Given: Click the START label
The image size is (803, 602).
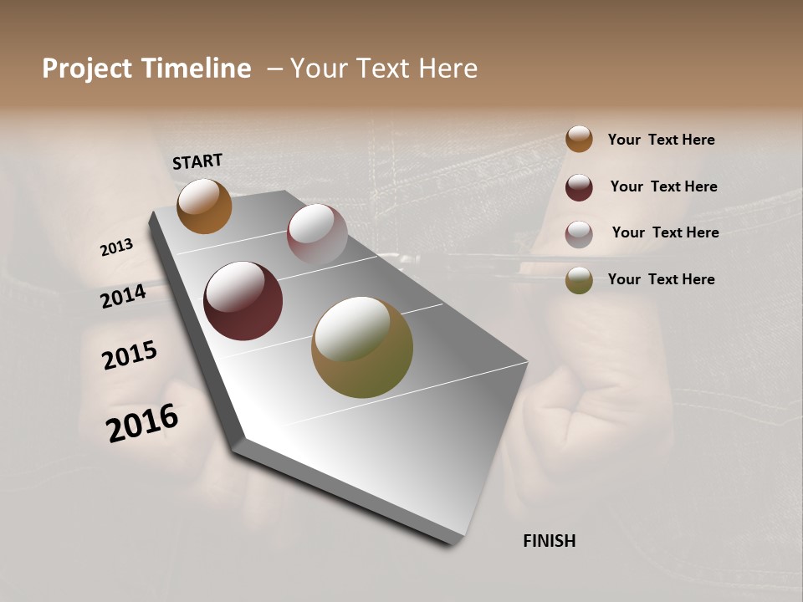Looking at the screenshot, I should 197,161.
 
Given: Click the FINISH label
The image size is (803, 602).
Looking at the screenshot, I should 549,541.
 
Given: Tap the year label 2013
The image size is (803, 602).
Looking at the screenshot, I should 116,247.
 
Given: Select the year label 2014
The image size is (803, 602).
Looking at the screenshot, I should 123,296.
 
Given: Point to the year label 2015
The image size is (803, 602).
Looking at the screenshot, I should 130,355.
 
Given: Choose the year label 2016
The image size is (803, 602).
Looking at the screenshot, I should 142,422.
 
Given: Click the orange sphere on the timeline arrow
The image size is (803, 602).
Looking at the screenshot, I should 204,207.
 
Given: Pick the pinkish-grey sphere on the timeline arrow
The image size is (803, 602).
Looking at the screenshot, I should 317,234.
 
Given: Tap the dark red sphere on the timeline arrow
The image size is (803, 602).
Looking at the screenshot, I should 243,301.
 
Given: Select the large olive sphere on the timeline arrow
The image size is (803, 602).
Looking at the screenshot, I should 362,347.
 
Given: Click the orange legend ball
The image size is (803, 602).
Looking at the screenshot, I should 579,139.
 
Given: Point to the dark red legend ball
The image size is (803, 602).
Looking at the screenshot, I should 579,186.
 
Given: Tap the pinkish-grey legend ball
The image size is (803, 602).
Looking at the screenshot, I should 579,233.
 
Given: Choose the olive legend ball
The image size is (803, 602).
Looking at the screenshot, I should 579,280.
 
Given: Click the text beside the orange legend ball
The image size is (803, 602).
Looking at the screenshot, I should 661,140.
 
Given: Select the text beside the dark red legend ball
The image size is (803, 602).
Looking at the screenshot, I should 663,186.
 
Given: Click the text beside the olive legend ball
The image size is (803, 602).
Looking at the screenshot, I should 661,279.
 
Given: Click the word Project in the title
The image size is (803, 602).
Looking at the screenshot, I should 87,69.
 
